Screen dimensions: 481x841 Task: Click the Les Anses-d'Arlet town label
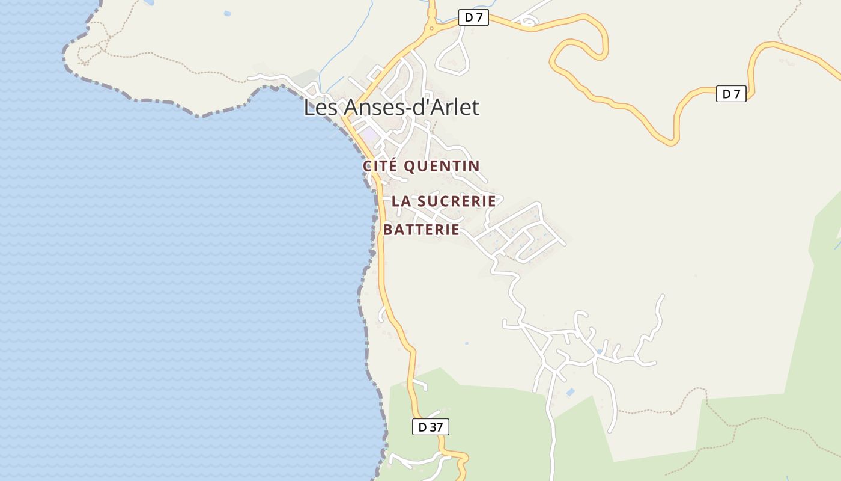391,108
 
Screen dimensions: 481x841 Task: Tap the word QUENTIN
442,166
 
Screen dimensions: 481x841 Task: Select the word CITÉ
380,166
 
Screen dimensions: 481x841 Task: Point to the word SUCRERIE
457,201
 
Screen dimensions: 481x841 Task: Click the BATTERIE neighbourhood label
421,230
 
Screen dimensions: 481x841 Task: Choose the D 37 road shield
430,427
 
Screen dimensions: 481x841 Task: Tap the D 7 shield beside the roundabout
473,18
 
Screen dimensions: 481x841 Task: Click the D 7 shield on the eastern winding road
730,94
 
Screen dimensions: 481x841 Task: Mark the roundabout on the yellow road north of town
431,28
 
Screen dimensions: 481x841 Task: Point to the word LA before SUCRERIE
401,201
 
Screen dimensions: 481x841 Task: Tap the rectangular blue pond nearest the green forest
570,393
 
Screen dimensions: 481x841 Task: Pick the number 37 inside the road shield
437,427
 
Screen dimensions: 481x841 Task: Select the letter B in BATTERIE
388,230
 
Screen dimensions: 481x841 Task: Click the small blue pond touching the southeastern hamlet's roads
599,351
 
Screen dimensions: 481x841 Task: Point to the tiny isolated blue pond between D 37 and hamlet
466,344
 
